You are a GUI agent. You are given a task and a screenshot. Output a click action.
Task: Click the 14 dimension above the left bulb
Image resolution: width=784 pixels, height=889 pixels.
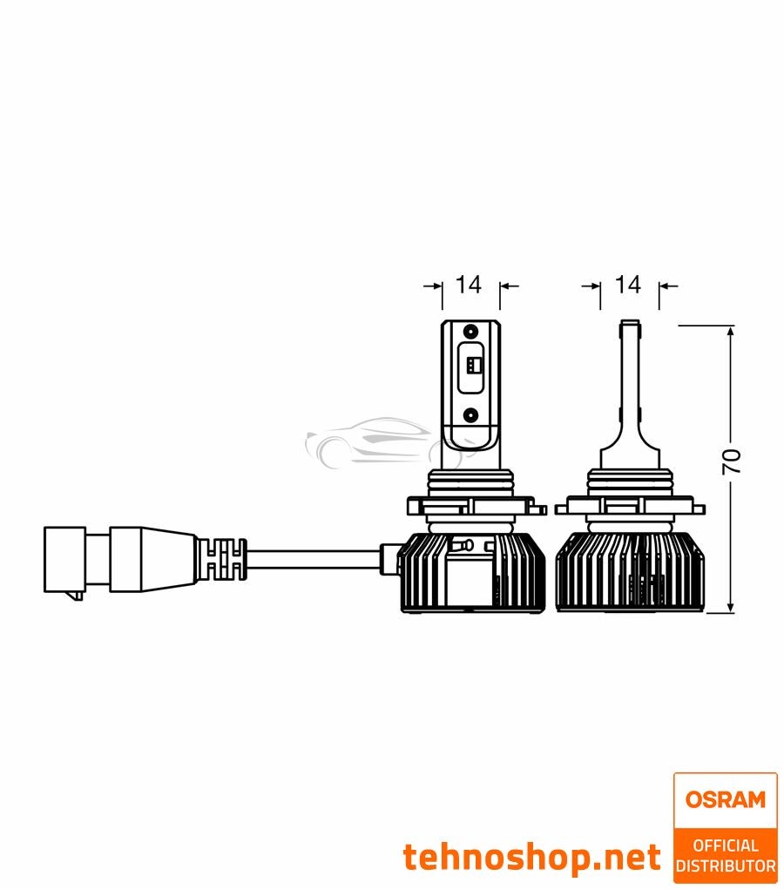[x=469, y=285]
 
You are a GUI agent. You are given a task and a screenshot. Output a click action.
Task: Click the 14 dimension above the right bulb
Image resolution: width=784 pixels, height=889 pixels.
[x=628, y=285]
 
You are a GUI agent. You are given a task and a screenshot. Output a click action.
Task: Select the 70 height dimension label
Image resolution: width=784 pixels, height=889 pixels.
[x=733, y=462]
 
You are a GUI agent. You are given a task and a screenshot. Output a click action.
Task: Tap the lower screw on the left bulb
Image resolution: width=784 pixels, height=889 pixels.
[x=470, y=415]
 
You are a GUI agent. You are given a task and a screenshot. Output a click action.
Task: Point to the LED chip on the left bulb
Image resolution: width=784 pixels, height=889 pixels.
[x=470, y=367]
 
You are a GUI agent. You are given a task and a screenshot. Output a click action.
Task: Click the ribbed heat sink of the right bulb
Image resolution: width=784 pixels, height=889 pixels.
[x=628, y=570]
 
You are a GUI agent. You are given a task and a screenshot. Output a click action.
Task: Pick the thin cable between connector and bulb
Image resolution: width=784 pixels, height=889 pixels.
[x=314, y=551]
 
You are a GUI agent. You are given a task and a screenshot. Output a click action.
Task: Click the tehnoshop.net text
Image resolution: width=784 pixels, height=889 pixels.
[x=532, y=858]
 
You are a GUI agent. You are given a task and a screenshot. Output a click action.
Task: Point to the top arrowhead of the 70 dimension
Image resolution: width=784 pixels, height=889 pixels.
[x=730, y=332]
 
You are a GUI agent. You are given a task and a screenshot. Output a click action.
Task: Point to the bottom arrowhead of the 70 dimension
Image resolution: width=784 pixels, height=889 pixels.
[x=730, y=607]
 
